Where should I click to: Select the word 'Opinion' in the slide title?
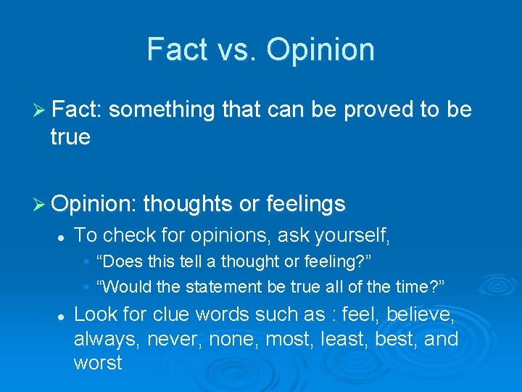[x=320, y=49]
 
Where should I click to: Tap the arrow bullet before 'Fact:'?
[x=41, y=110]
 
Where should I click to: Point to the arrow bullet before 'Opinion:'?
[x=41, y=205]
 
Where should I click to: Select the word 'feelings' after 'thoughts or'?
[x=305, y=205]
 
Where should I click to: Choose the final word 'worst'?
[x=98, y=363]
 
